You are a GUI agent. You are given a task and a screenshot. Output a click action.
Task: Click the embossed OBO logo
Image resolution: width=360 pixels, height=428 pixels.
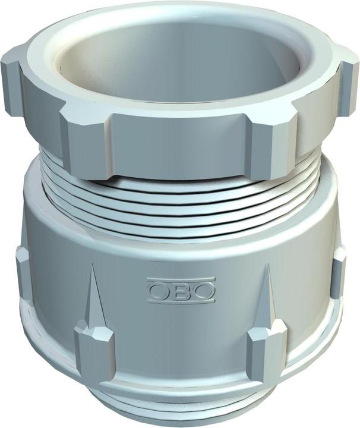pyautogui.click(x=181, y=290)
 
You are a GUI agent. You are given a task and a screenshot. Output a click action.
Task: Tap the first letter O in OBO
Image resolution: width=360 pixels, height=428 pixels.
pyautogui.click(x=158, y=290)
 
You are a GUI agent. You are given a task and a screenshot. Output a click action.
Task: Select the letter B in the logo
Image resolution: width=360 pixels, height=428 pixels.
pyautogui.click(x=181, y=290)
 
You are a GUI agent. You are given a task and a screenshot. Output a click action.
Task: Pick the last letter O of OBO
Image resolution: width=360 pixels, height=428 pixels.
pyautogui.click(x=203, y=290)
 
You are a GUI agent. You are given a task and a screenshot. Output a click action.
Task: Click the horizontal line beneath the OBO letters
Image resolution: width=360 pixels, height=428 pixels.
pyautogui.click(x=181, y=301)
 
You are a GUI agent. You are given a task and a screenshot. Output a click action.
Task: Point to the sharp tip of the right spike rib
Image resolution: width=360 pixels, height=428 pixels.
pyautogui.click(x=267, y=265)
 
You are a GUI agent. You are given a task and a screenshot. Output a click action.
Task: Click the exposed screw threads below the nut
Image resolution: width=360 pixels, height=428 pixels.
pyautogui.click(x=178, y=199)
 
